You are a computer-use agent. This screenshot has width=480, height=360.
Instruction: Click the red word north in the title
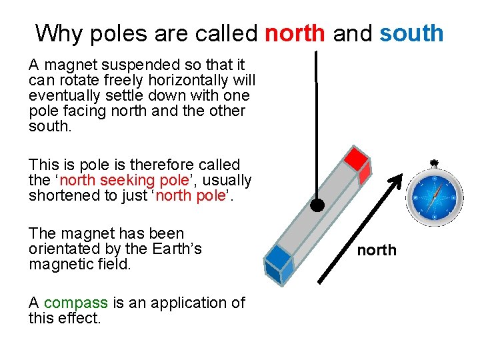coord(295,33)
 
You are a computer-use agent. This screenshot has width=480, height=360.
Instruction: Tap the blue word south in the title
coord(411,33)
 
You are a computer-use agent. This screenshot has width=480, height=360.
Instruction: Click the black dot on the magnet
coord(318,205)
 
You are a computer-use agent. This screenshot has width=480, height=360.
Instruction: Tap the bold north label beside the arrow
coord(377,250)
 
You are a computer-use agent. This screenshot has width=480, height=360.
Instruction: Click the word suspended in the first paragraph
coord(140,65)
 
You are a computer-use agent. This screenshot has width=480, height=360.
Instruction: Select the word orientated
coord(61,249)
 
